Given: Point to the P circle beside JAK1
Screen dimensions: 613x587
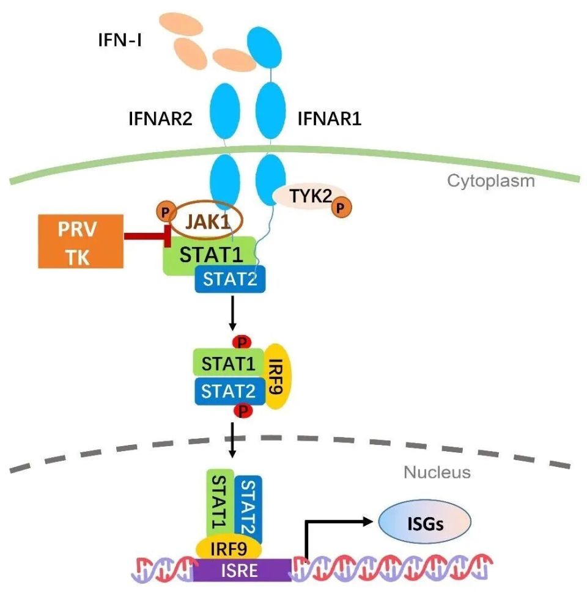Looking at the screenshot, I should tap(164, 211).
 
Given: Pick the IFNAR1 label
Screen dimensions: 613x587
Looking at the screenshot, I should tap(329, 118).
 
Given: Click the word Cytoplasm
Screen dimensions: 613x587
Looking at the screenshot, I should tap(491, 181).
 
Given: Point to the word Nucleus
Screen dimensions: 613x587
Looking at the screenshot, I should tap(437, 472).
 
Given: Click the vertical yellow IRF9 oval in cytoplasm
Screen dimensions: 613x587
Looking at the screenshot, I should tap(276, 375).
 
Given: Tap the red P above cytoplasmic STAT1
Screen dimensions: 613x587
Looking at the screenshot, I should tap(243, 342).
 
